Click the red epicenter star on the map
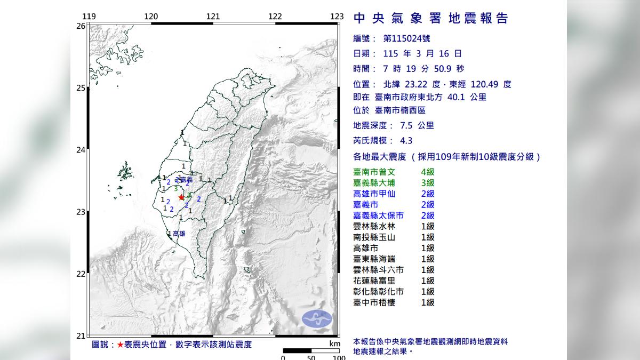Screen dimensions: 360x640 pos(181,197)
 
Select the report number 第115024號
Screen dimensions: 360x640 pos(406,38)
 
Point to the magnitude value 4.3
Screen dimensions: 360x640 pos(406,141)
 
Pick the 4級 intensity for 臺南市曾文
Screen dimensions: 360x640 pos(427,172)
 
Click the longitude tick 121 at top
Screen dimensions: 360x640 pos(213,17)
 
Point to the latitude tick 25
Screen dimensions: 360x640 pos(81,88)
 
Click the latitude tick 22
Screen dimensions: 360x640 pos(81,274)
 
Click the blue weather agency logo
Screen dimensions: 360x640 pos(317,319)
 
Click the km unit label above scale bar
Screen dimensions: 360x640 pos(334,344)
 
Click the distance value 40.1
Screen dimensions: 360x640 pos(458,97)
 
